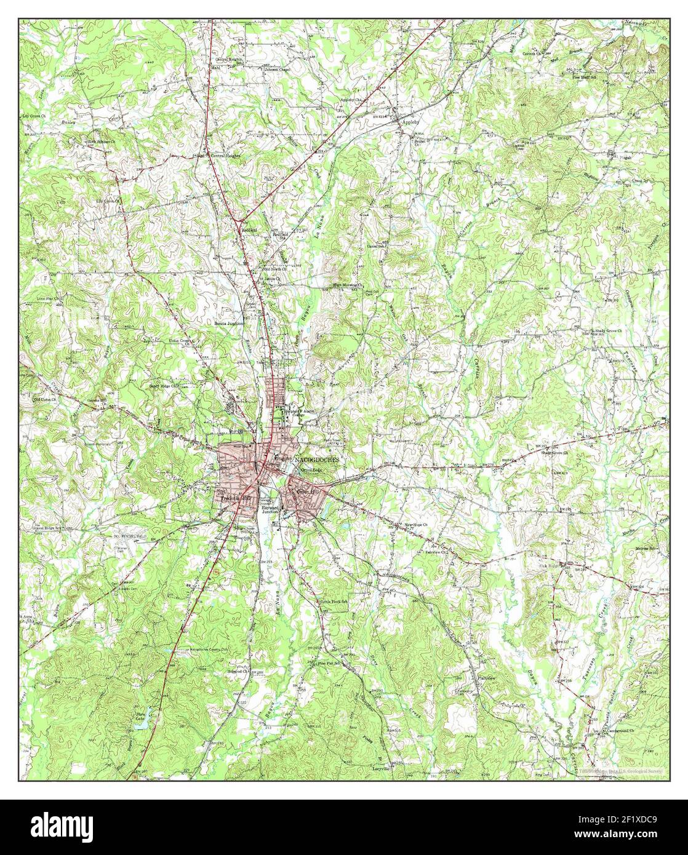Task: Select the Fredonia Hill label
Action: coord(237,497)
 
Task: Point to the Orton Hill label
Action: coord(309,492)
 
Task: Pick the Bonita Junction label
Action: coord(229,322)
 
